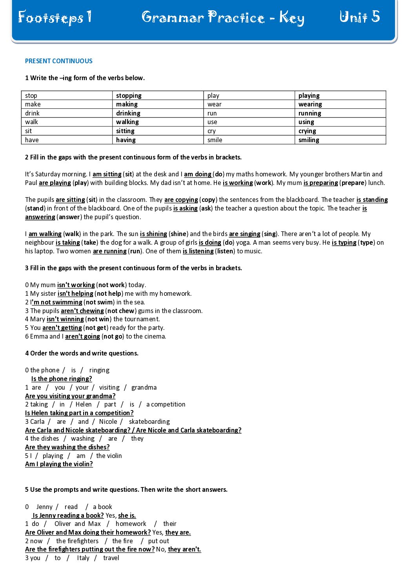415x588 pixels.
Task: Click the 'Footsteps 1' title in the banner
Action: [55, 18]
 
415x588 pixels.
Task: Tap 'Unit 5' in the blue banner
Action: [359, 17]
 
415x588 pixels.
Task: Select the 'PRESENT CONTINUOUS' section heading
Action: [59, 61]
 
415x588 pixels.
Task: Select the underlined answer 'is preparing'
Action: [320, 183]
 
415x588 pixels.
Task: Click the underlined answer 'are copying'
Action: [181, 200]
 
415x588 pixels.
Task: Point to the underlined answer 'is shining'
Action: [153, 234]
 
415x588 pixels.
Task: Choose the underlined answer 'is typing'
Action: [344, 242]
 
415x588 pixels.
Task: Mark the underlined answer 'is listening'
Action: [198, 251]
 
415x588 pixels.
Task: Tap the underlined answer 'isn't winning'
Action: [65, 319]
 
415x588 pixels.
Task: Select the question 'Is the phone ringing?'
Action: [62, 379]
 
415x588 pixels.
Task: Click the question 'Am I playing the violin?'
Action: [59, 464]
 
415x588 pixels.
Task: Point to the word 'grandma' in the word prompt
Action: [144, 387]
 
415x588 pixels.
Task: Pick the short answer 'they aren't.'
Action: [184, 549]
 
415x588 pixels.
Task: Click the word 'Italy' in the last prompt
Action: [83, 558]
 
